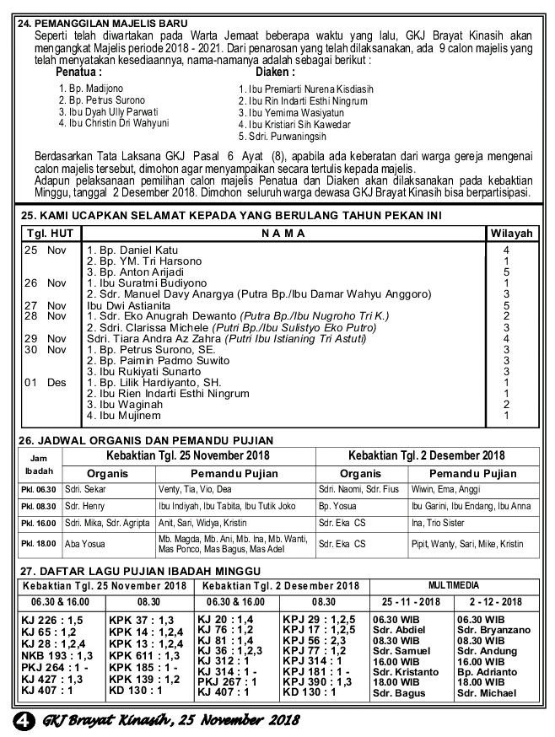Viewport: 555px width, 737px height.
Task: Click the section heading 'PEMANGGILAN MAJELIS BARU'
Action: pyautogui.click(x=112, y=24)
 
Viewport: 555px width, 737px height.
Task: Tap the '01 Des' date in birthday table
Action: pyautogui.click(x=44, y=382)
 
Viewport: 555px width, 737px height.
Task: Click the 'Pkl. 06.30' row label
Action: pyautogui.click(x=39, y=490)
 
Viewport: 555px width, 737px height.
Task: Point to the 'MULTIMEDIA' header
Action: pyautogui.click(x=453, y=584)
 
